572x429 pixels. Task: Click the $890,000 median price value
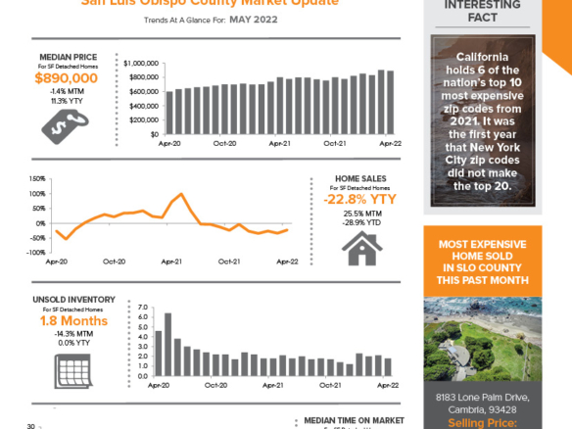coord(66,78)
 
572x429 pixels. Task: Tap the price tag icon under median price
coord(66,122)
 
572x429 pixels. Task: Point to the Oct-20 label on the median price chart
coord(224,144)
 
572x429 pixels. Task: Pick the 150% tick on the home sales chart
coord(38,179)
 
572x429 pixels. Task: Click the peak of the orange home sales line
coord(183,194)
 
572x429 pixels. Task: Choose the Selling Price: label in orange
coord(482,422)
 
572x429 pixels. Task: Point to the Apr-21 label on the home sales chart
coord(172,262)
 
